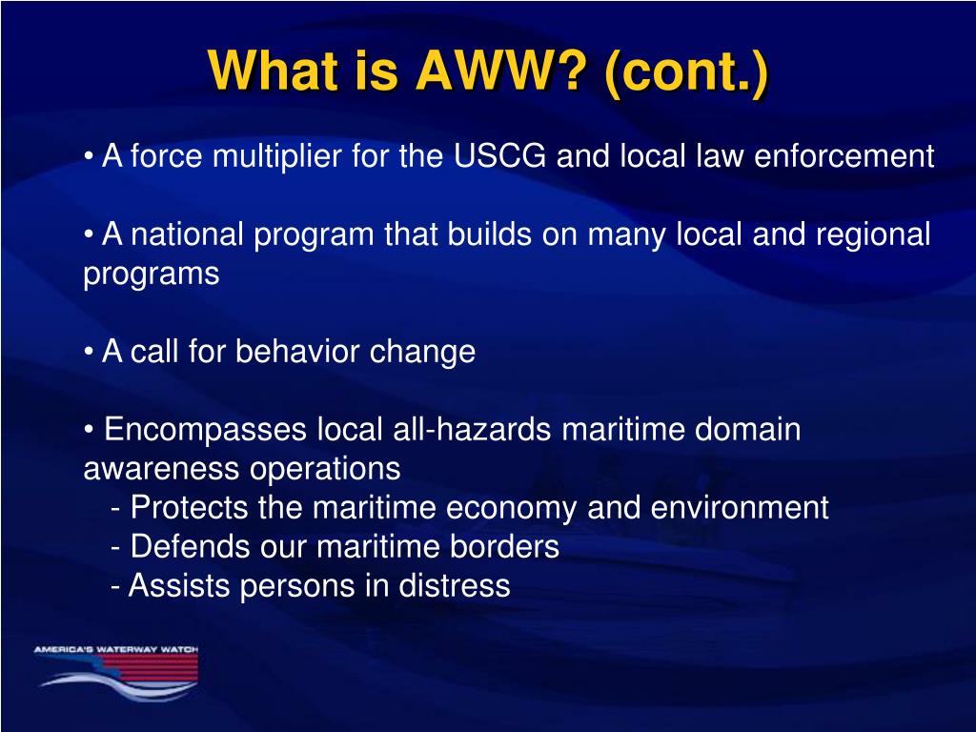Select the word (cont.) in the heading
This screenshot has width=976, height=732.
point(686,72)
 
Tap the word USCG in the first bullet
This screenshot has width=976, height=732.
point(499,155)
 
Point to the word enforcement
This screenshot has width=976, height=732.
point(844,155)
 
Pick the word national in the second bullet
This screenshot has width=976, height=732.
point(187,234)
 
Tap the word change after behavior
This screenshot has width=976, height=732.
point(422,353)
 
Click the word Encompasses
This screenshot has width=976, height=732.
point(206,431)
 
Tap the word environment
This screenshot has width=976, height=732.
point(740,507)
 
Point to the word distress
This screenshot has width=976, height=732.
point(455,586)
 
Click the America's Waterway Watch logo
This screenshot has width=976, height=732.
point(116,673)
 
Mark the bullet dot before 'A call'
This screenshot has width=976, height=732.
point(89,352)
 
